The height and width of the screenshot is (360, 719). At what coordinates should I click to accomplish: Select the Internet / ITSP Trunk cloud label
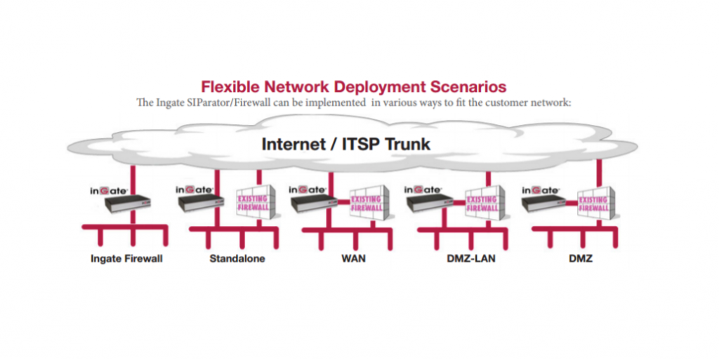click(x=345, y=145)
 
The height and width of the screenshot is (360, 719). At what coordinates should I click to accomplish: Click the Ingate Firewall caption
click(x=126, y=259)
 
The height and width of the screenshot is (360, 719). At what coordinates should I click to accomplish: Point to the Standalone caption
click(x=237, y=259)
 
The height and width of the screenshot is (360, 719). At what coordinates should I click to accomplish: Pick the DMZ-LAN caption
click(x=471, y=259)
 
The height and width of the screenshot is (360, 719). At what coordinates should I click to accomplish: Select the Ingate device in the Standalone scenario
click(x=201, y=203)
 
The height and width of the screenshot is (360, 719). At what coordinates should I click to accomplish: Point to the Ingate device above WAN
click(x=312, y=203)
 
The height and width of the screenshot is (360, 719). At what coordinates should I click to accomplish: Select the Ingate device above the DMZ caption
click(x=543, y=203)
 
